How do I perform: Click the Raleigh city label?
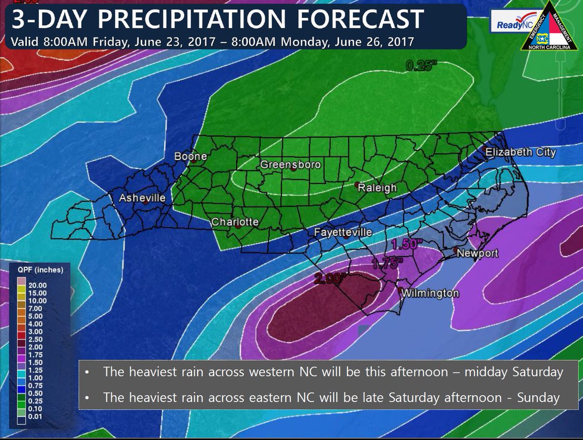point(377,188)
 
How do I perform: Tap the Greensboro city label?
point(291,165)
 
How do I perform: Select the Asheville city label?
point(142,198)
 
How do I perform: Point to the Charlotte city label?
point(235,222)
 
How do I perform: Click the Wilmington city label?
point(430,293)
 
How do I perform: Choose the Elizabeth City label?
point(521,152)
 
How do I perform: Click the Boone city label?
point(190,157)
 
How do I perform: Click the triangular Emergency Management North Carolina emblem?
point(551,26)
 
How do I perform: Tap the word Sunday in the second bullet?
point(538,397)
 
